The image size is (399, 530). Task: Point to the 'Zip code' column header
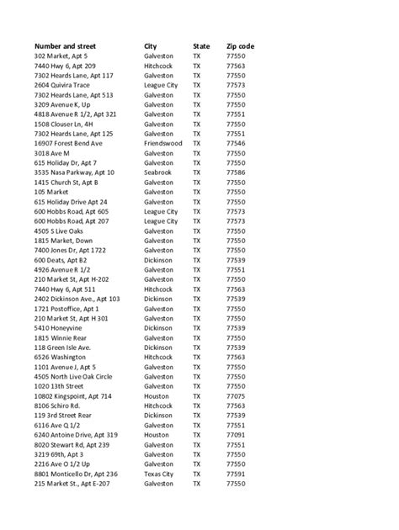tap(242, 45)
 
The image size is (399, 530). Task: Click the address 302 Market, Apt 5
tap(61, 56)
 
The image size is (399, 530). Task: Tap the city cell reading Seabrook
tap(159, 172)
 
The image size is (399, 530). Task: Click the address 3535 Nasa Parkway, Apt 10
tap(74, 172)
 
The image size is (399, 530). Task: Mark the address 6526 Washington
tap(61, 357)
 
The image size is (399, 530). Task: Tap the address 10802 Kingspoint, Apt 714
tap(73, 395)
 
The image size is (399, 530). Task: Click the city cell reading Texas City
tap(161, 474)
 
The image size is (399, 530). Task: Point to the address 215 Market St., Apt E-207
tap(73, 484)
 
